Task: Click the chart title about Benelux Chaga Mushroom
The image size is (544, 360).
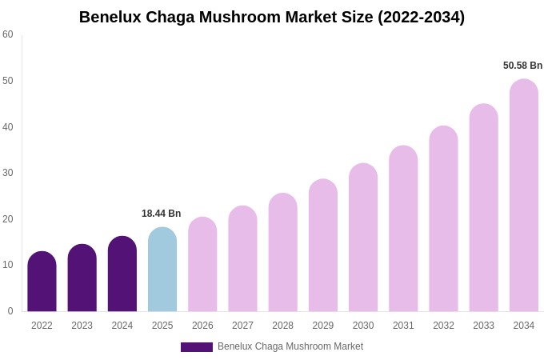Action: point(272,17)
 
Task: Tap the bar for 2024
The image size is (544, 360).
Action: point(122,274)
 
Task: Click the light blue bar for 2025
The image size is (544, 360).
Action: point(162,270)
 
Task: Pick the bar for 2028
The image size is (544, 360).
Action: point(282,253)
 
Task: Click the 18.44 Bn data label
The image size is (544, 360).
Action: point(162,214)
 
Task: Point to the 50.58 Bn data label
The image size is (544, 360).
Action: point(522,66)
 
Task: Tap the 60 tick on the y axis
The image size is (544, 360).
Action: point(8,34)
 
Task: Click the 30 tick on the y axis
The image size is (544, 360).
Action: point(8,173)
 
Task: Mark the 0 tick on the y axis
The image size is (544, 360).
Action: point(10,311)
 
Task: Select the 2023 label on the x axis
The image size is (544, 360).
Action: point(82,326)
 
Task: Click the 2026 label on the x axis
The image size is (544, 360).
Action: point(202,326)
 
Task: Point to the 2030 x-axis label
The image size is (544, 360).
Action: point(363,326)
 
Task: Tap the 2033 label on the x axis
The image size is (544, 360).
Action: point(483,326)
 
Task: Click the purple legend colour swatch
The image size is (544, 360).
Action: point(197,347)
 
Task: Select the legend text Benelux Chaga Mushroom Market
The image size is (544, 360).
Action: point(290,346)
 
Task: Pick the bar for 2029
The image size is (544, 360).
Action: point(323,246)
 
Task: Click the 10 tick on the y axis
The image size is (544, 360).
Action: point(8,265)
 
